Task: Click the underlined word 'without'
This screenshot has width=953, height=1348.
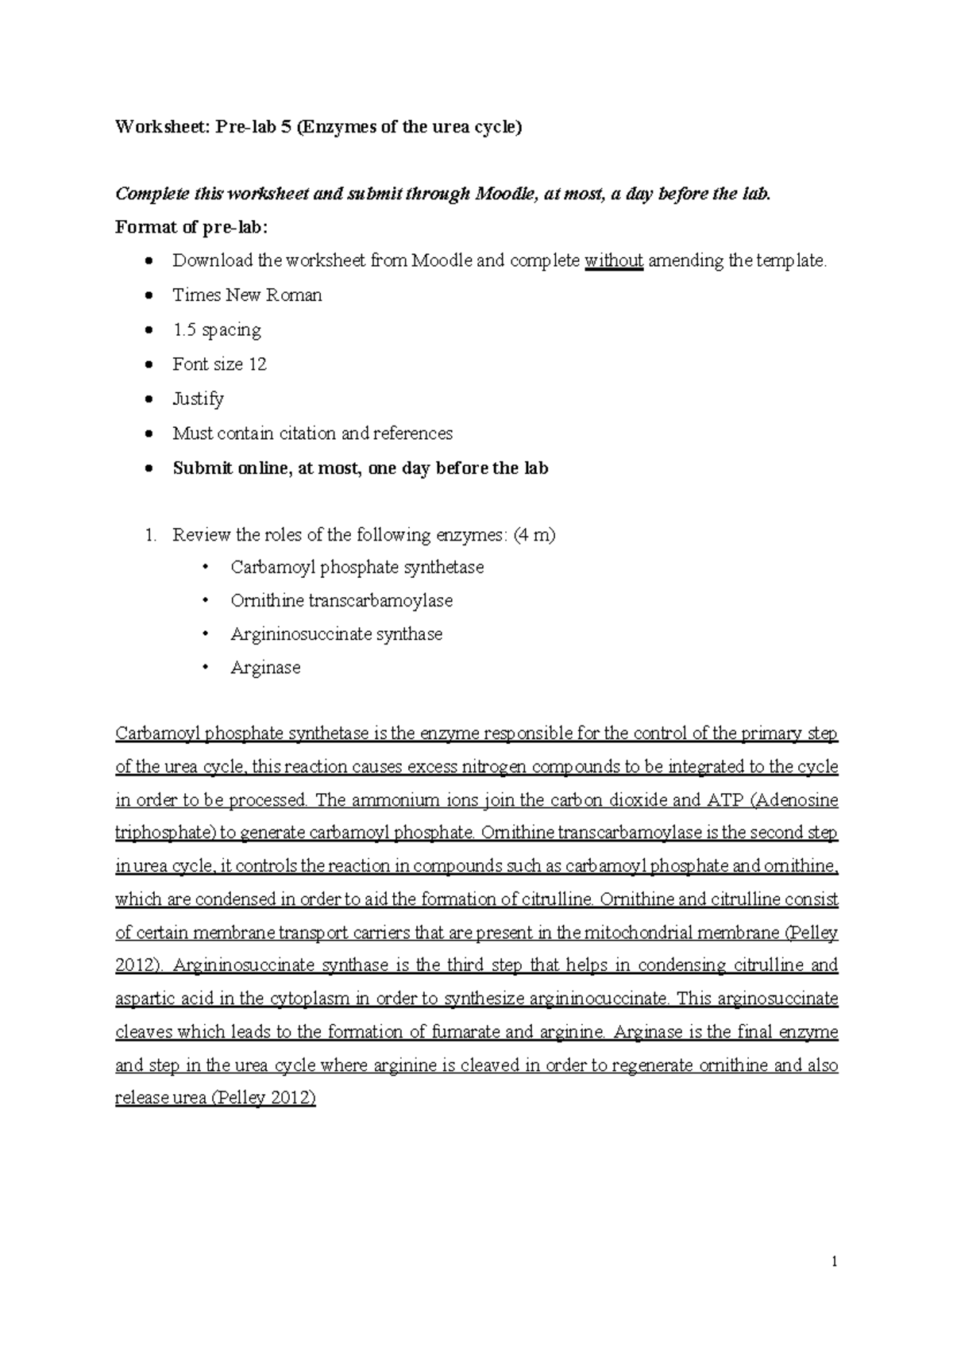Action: pyautogui.click(x=613, y=260)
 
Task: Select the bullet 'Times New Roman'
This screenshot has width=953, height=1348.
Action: pyautogui.click(x=247, y=295)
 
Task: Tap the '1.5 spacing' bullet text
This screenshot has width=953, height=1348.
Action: pyautogui.click(x=216, y=329)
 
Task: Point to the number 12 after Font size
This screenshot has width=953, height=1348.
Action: pyautogui.click(x=257, y=364)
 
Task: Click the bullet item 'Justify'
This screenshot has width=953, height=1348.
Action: pyautogui.click(x=198, y=399)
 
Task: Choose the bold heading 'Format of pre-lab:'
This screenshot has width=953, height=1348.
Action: pyautogui.click(x=192, y=227)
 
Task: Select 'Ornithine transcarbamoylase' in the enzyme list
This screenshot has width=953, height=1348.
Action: pyautogui.click(x=341, y=601)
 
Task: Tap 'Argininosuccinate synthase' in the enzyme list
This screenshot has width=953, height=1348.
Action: pyautogui.click(x=336, y=634)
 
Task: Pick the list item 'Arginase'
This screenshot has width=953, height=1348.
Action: pyautogui.click(x=265, y=668)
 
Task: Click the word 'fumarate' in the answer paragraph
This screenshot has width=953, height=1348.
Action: pyautogui.click(x=465, y=1032)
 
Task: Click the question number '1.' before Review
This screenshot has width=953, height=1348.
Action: pyautogui.click(x=151, y=535)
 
